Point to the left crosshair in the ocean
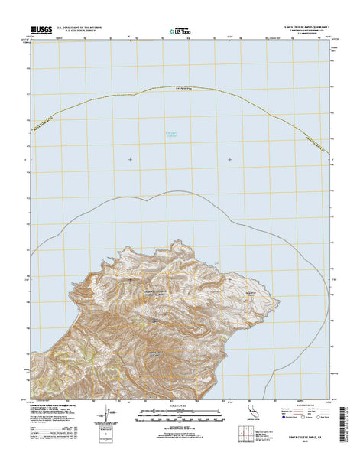click(129, 159)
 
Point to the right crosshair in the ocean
click(231, 159)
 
